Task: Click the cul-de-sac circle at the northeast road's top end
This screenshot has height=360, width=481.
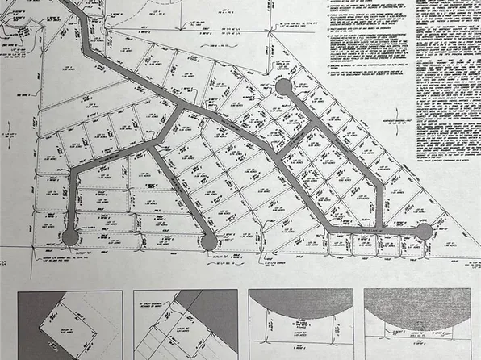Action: tap(282, 86)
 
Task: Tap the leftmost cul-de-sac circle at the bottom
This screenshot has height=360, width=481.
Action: tap(70, 237)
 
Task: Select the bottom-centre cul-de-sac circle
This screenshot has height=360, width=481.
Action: tap(208, 241)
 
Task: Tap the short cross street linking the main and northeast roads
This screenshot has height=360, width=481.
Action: tap(295, 138)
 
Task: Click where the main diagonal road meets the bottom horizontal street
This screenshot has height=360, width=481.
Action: tap(328, 230)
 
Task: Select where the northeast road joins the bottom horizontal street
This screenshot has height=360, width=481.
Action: tap(380, 229)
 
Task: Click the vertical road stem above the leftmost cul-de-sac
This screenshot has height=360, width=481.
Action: tap(72, 202)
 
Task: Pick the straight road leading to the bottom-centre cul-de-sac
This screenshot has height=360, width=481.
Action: tap(182, 194)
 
